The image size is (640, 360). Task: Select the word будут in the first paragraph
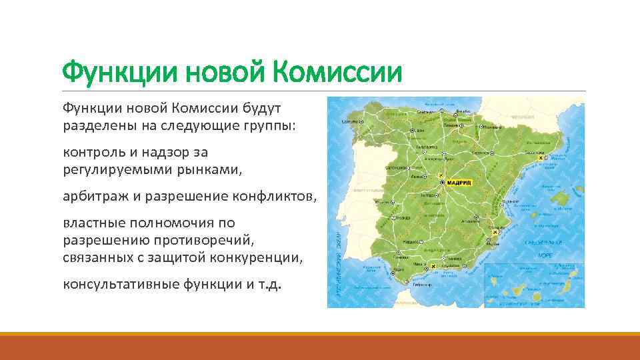[263, 107]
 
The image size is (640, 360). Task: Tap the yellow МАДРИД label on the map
[459, 182]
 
